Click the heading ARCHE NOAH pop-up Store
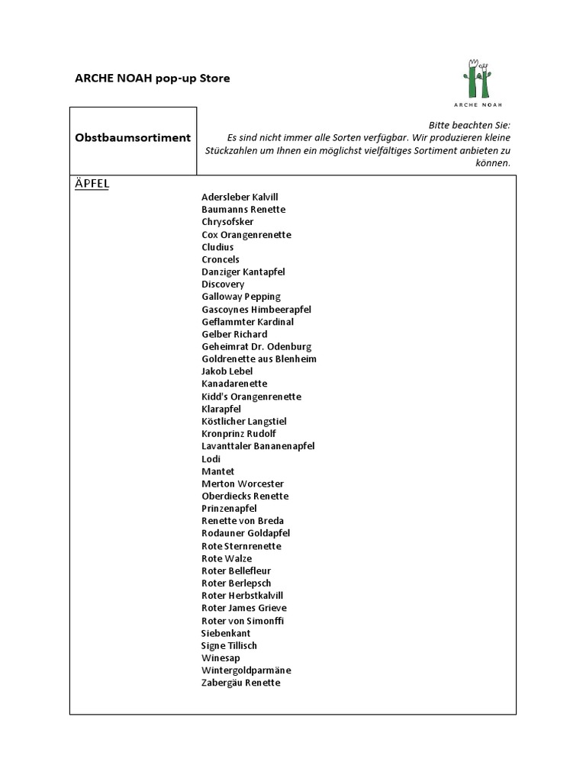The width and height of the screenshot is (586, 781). (152, 79)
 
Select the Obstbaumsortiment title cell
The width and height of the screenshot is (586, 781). (133, 138)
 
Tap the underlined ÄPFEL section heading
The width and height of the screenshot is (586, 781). (92, 185)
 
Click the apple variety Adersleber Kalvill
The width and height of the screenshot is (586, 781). (240, 197)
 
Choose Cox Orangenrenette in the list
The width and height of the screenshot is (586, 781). (246, 234)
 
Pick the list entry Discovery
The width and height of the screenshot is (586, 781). (223, 284)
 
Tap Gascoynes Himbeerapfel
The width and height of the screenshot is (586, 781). (256, 310)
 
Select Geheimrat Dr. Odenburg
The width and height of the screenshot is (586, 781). (256, 346)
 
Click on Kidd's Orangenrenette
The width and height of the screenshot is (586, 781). (251, 397)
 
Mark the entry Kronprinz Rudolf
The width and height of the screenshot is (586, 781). (239, 434)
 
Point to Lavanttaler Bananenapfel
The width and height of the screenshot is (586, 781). (258, 446)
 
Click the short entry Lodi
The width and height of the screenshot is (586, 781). (211, 459)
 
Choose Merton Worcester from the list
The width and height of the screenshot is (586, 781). (243, 484)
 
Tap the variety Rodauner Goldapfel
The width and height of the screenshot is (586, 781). (246, 533)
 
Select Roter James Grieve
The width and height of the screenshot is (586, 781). (244, 608)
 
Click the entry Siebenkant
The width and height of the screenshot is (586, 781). (226, 633)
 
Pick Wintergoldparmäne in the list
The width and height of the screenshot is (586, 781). (246, 670)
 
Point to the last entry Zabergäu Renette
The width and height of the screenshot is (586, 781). (241, 683)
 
